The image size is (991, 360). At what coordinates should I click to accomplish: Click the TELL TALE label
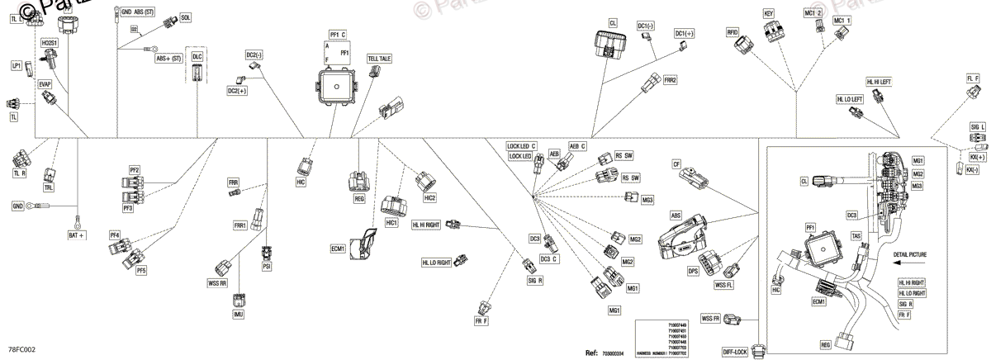tap(380, 59)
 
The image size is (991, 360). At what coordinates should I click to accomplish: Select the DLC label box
tap(197, 56)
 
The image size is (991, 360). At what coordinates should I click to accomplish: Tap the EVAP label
tap(45, 83)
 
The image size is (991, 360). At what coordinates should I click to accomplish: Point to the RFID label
tap(732, 31)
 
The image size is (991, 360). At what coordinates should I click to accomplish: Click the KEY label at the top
tap(768, 14)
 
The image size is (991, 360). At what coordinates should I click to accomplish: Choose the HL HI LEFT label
tap(879, 82)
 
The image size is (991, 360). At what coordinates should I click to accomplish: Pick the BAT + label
tap(77, 235)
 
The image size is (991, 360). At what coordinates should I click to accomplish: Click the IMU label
tap(239, 314)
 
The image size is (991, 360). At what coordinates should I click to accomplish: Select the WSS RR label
tap(218, 282)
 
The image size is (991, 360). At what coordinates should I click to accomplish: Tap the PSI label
tap(267, 267)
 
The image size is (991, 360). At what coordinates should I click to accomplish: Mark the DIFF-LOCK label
tap(735, 352)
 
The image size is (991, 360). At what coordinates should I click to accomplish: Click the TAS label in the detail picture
tap(856, 236)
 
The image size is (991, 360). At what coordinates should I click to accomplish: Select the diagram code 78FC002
tap(22, 350)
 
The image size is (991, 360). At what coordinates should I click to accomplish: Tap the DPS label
tap(694, 270)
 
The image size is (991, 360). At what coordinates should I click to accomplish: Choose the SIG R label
tap(534, 280)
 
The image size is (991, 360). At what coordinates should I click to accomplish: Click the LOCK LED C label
tap(522, 146)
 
